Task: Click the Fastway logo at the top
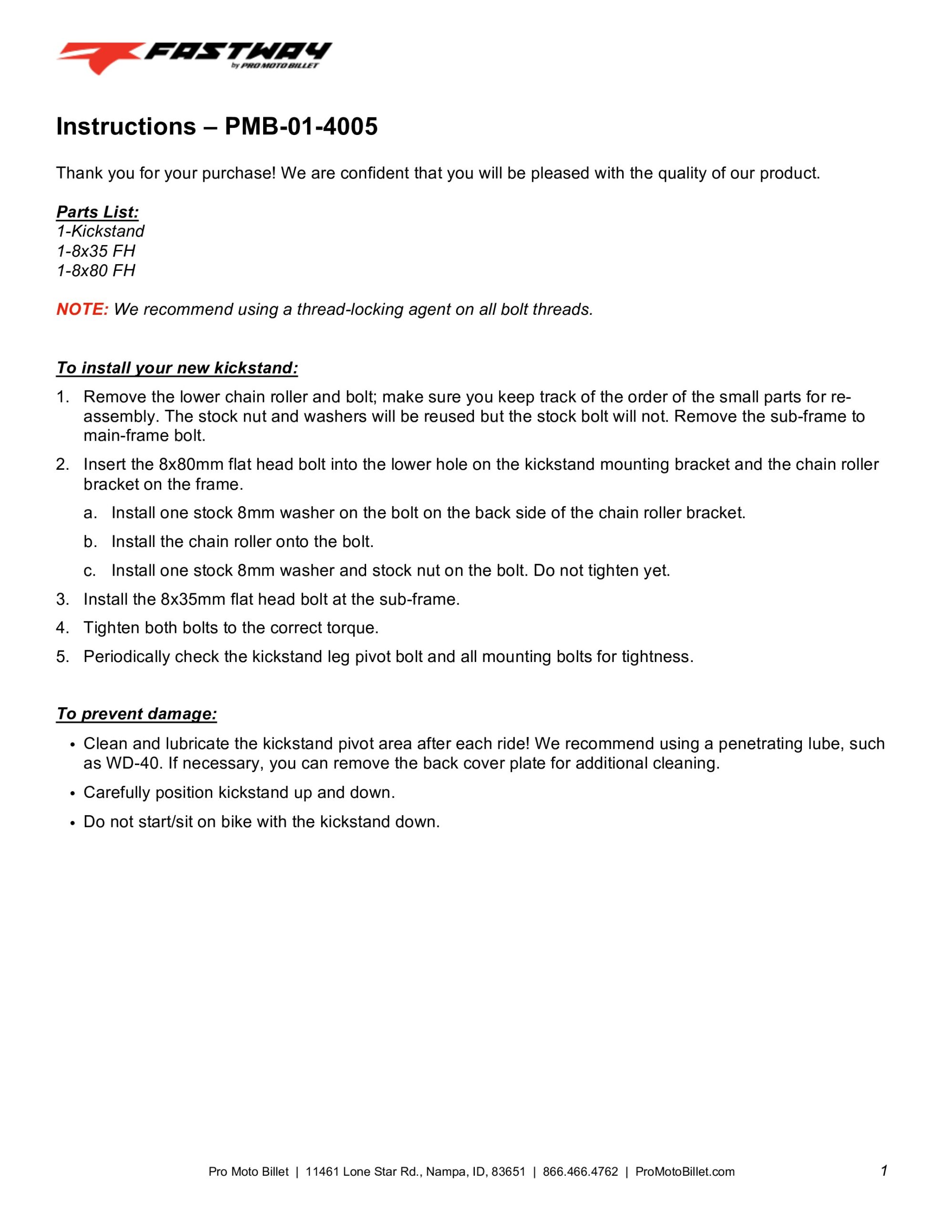[x=194, y=58]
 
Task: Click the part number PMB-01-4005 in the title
[x=301, y=127]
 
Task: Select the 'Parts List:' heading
[x=97, y=212]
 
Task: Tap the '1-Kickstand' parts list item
[x=100, y=231]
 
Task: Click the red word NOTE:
[x=82, y=309]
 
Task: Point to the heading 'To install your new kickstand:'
[x=177, y=368]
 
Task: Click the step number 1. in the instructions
[x=62, y=397]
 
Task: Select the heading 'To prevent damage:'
[x=136, y=714]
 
